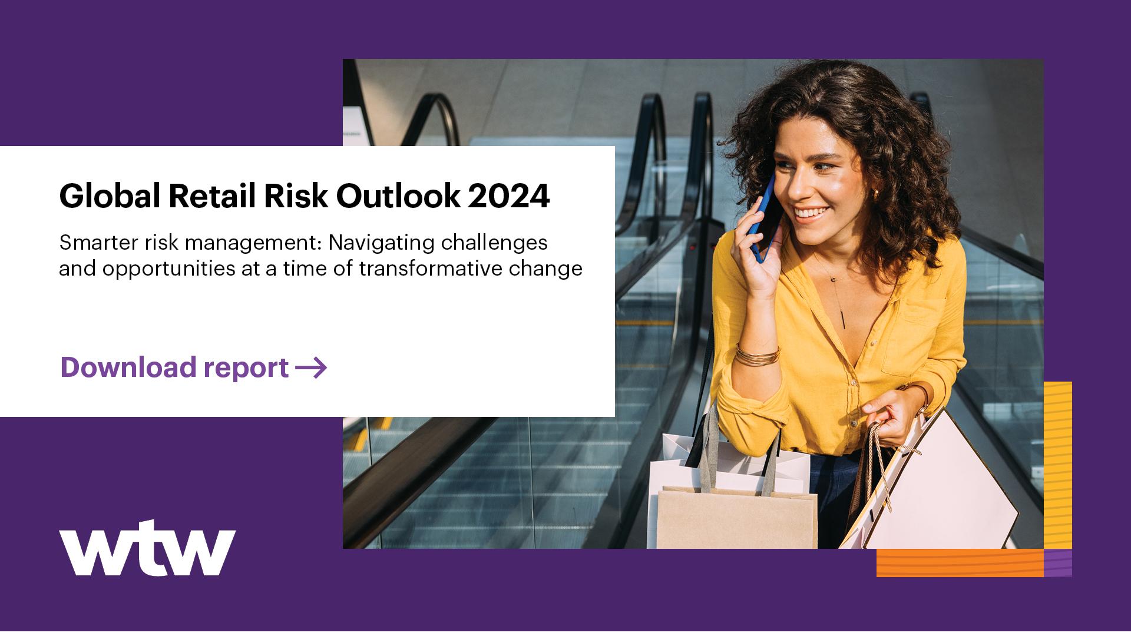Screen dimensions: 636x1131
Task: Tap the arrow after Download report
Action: (x=311, y=368)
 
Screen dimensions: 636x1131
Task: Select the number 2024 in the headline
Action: (x=509, y=197)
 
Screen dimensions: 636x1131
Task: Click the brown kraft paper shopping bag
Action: (x=736, y=518)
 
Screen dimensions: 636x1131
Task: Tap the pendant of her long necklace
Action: (x=844, y=319)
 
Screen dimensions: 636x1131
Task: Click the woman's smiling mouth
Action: (x=812, y=213)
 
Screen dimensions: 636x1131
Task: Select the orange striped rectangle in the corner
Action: (x=960, y=563)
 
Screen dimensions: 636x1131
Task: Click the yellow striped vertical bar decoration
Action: (x=1057, y=465)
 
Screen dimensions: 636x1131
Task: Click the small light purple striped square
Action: (x=1057, y=563)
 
